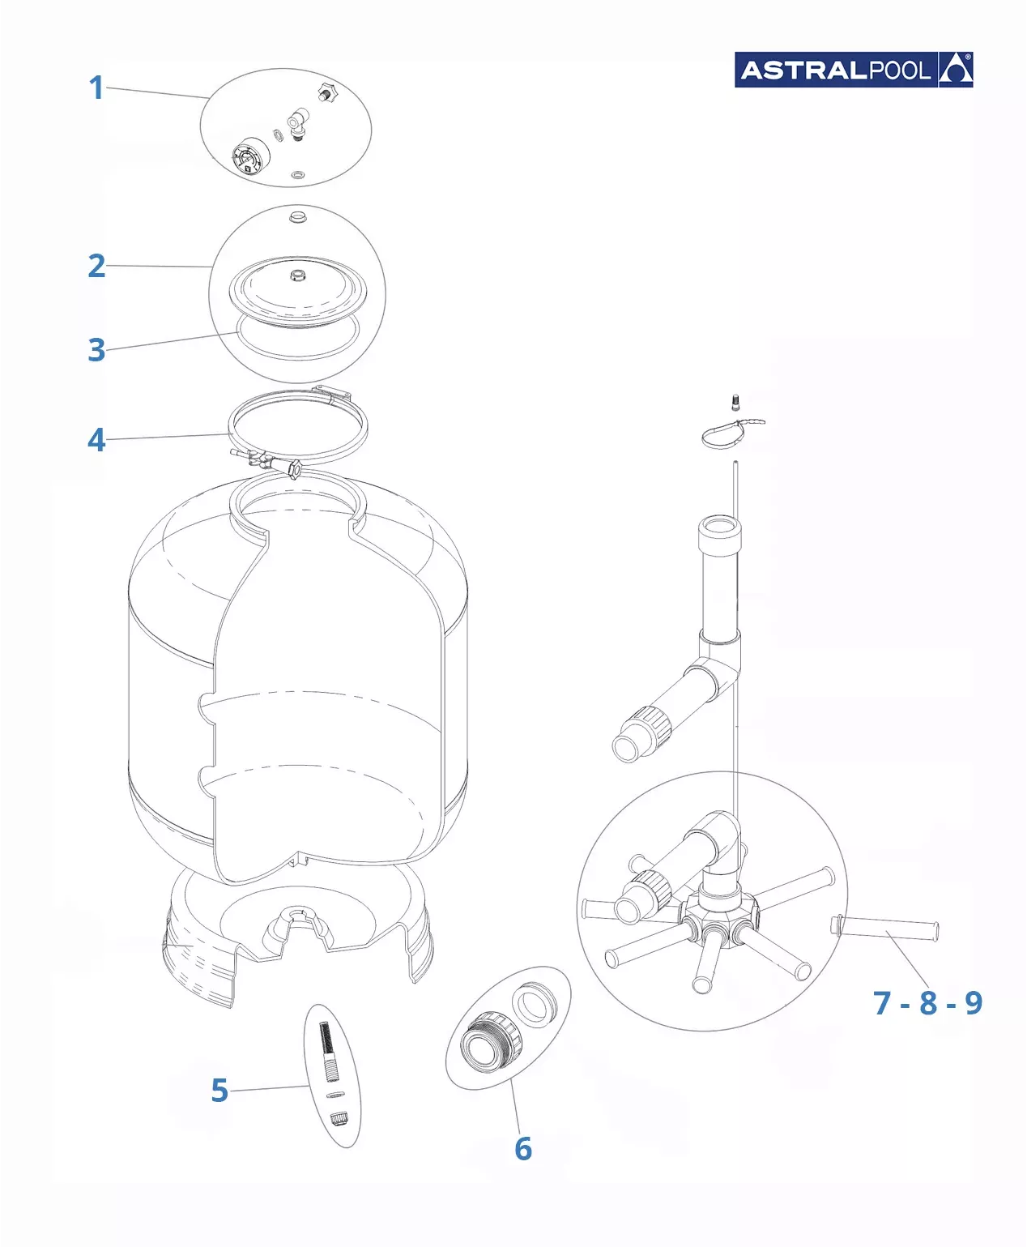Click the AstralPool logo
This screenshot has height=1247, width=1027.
coord(853,70)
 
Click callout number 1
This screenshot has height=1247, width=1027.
coord(96,88)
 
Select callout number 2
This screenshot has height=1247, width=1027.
coord(96,266)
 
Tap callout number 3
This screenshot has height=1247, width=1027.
coord(96,350)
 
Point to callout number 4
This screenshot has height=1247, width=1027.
coord(96,440)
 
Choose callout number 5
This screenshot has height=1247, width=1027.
coord(219,1090)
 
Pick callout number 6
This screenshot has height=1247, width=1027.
coord(523,1148)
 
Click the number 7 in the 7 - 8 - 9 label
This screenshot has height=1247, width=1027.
coord(882,1003)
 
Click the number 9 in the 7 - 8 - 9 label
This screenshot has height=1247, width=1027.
coord(974,1003)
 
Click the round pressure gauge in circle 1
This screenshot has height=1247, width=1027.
coord(250,156)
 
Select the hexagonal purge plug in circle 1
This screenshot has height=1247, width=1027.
coord(326,92)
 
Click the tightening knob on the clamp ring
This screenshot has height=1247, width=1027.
coord(294,469)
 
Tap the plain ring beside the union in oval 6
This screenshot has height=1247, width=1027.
coord(535,1005)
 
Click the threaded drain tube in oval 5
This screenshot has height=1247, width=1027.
coord(329,1052)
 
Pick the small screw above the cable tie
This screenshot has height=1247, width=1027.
coord(736,403)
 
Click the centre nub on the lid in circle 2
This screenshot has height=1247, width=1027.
coord(296,275)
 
